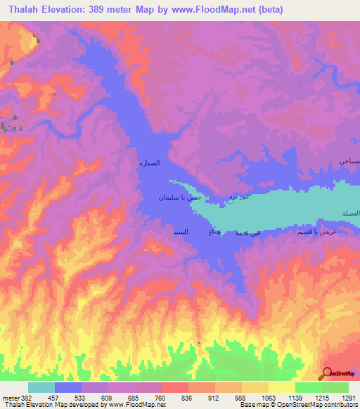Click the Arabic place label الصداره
149,163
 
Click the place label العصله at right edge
349,213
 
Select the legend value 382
26,397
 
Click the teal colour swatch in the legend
41,387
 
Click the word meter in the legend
10,397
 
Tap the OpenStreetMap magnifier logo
328,373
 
